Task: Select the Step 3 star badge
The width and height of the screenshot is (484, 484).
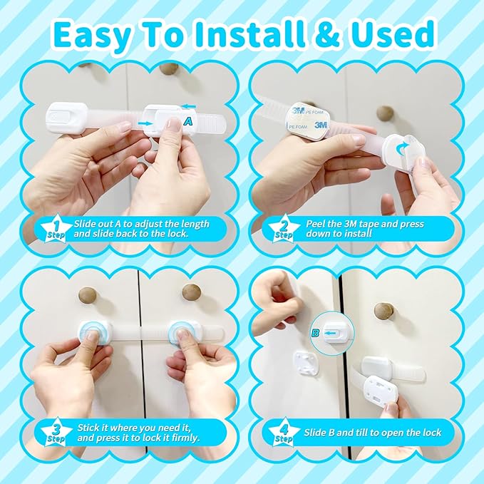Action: point(58,433)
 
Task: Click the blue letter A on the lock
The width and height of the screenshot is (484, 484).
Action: point(187,123)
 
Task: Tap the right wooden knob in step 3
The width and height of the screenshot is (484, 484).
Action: point(190,292)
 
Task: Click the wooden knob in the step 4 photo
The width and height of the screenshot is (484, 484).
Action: point(383,311)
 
